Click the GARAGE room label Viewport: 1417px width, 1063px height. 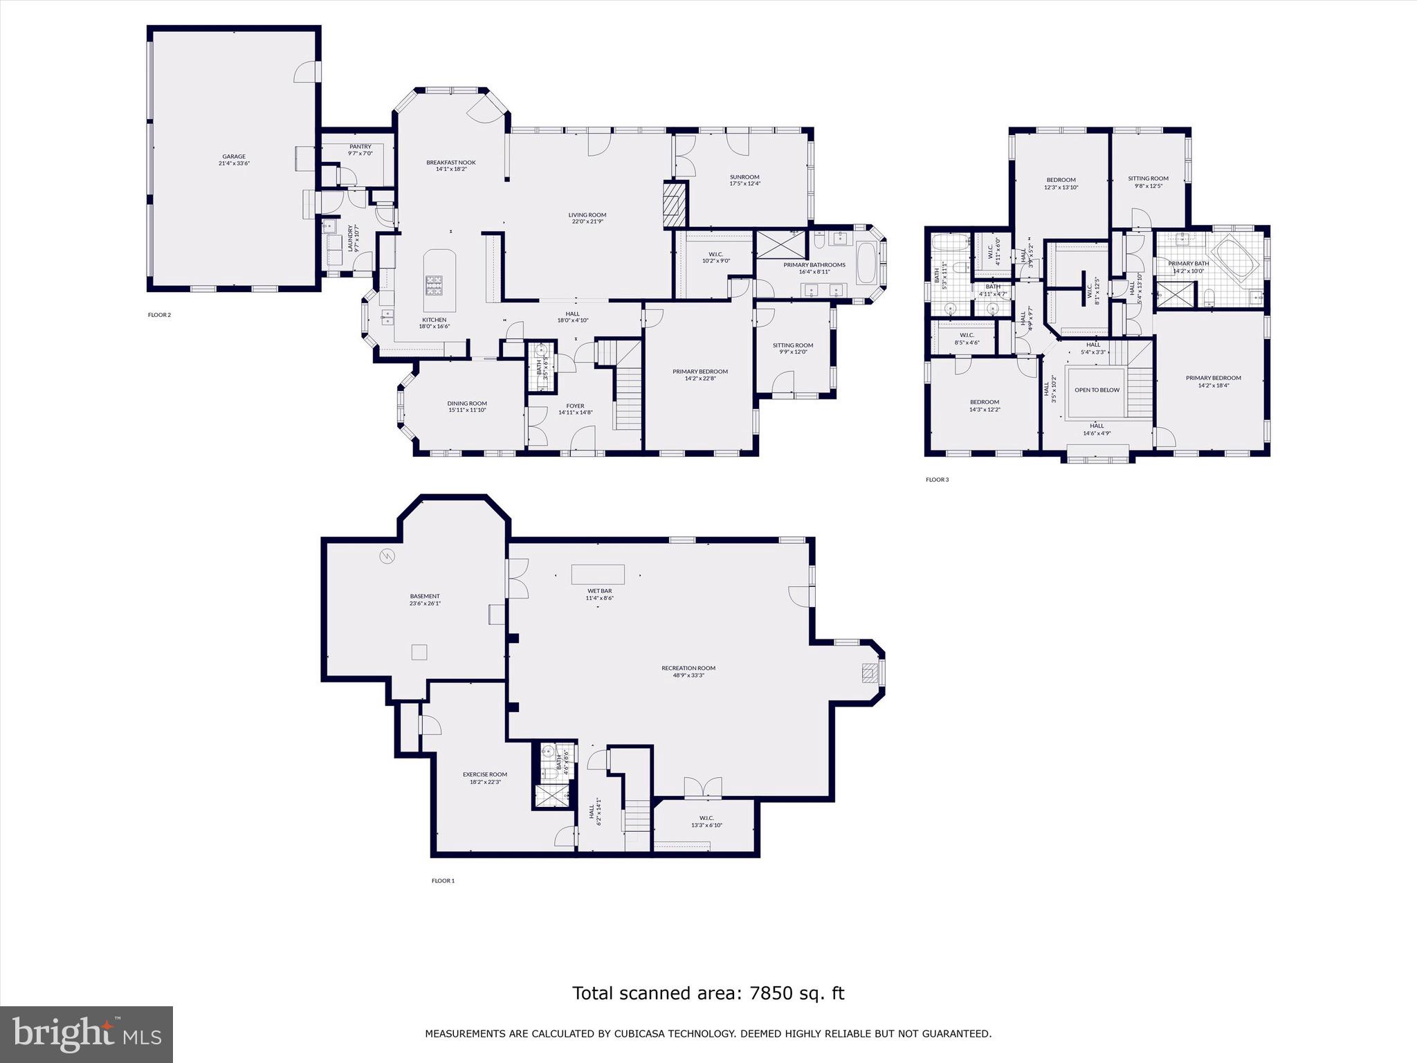pos(234,156)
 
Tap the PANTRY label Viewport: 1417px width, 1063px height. pos(360,147)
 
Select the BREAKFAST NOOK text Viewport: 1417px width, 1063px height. pos(450,163)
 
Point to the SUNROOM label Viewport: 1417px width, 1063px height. pos(744,177)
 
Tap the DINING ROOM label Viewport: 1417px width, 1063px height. pos(467,403)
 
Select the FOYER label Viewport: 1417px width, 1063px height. pos(575,406)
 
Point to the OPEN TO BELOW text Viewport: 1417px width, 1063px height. pos(1097,390)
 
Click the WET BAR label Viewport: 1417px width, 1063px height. pos(599,591)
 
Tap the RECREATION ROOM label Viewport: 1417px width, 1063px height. pos(688,669)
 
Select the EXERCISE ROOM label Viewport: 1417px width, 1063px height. pos(484,774)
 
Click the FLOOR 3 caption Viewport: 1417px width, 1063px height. pos(937,480)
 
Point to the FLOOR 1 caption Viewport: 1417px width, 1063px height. pos(443,881)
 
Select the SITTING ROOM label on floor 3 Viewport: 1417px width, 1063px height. pos(1148,179)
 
